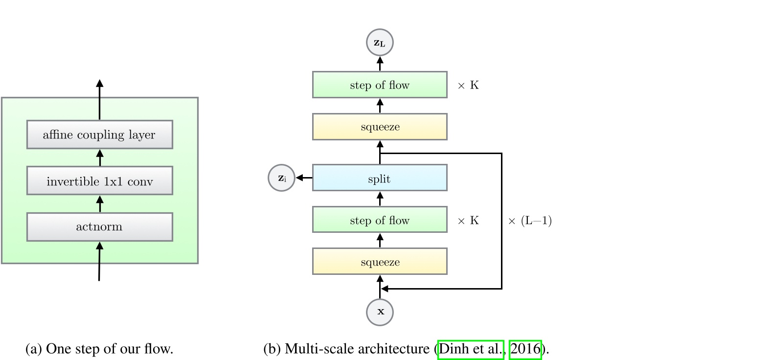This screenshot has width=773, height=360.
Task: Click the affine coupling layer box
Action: point(100,135)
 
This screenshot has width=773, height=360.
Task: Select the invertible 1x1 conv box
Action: point(100,181)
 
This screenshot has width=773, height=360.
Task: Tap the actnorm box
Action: point(100,227)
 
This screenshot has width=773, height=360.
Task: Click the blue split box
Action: point(380,178)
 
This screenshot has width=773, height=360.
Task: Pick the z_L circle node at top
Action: point(380,43)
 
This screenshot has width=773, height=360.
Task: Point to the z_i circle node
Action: point(282,178)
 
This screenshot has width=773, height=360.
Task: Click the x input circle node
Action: point(380,312)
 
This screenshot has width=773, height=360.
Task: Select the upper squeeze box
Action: point(380,127)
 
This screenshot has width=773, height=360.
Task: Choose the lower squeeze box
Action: point(380,262)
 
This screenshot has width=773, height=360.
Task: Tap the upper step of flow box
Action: point(380,85)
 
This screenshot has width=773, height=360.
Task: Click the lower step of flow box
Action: point(380,220)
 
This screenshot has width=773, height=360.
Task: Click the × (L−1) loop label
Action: point(530,221)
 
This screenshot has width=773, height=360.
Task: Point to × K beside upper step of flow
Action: point(468,85)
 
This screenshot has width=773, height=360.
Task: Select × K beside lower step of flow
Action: point(468,221)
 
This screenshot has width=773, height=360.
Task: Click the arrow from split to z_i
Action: point(304,178)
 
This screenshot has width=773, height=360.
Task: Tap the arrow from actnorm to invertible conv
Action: point(100,204)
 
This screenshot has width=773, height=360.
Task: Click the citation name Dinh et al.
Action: point(471,349)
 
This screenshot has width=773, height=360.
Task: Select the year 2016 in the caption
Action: point(525,349)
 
